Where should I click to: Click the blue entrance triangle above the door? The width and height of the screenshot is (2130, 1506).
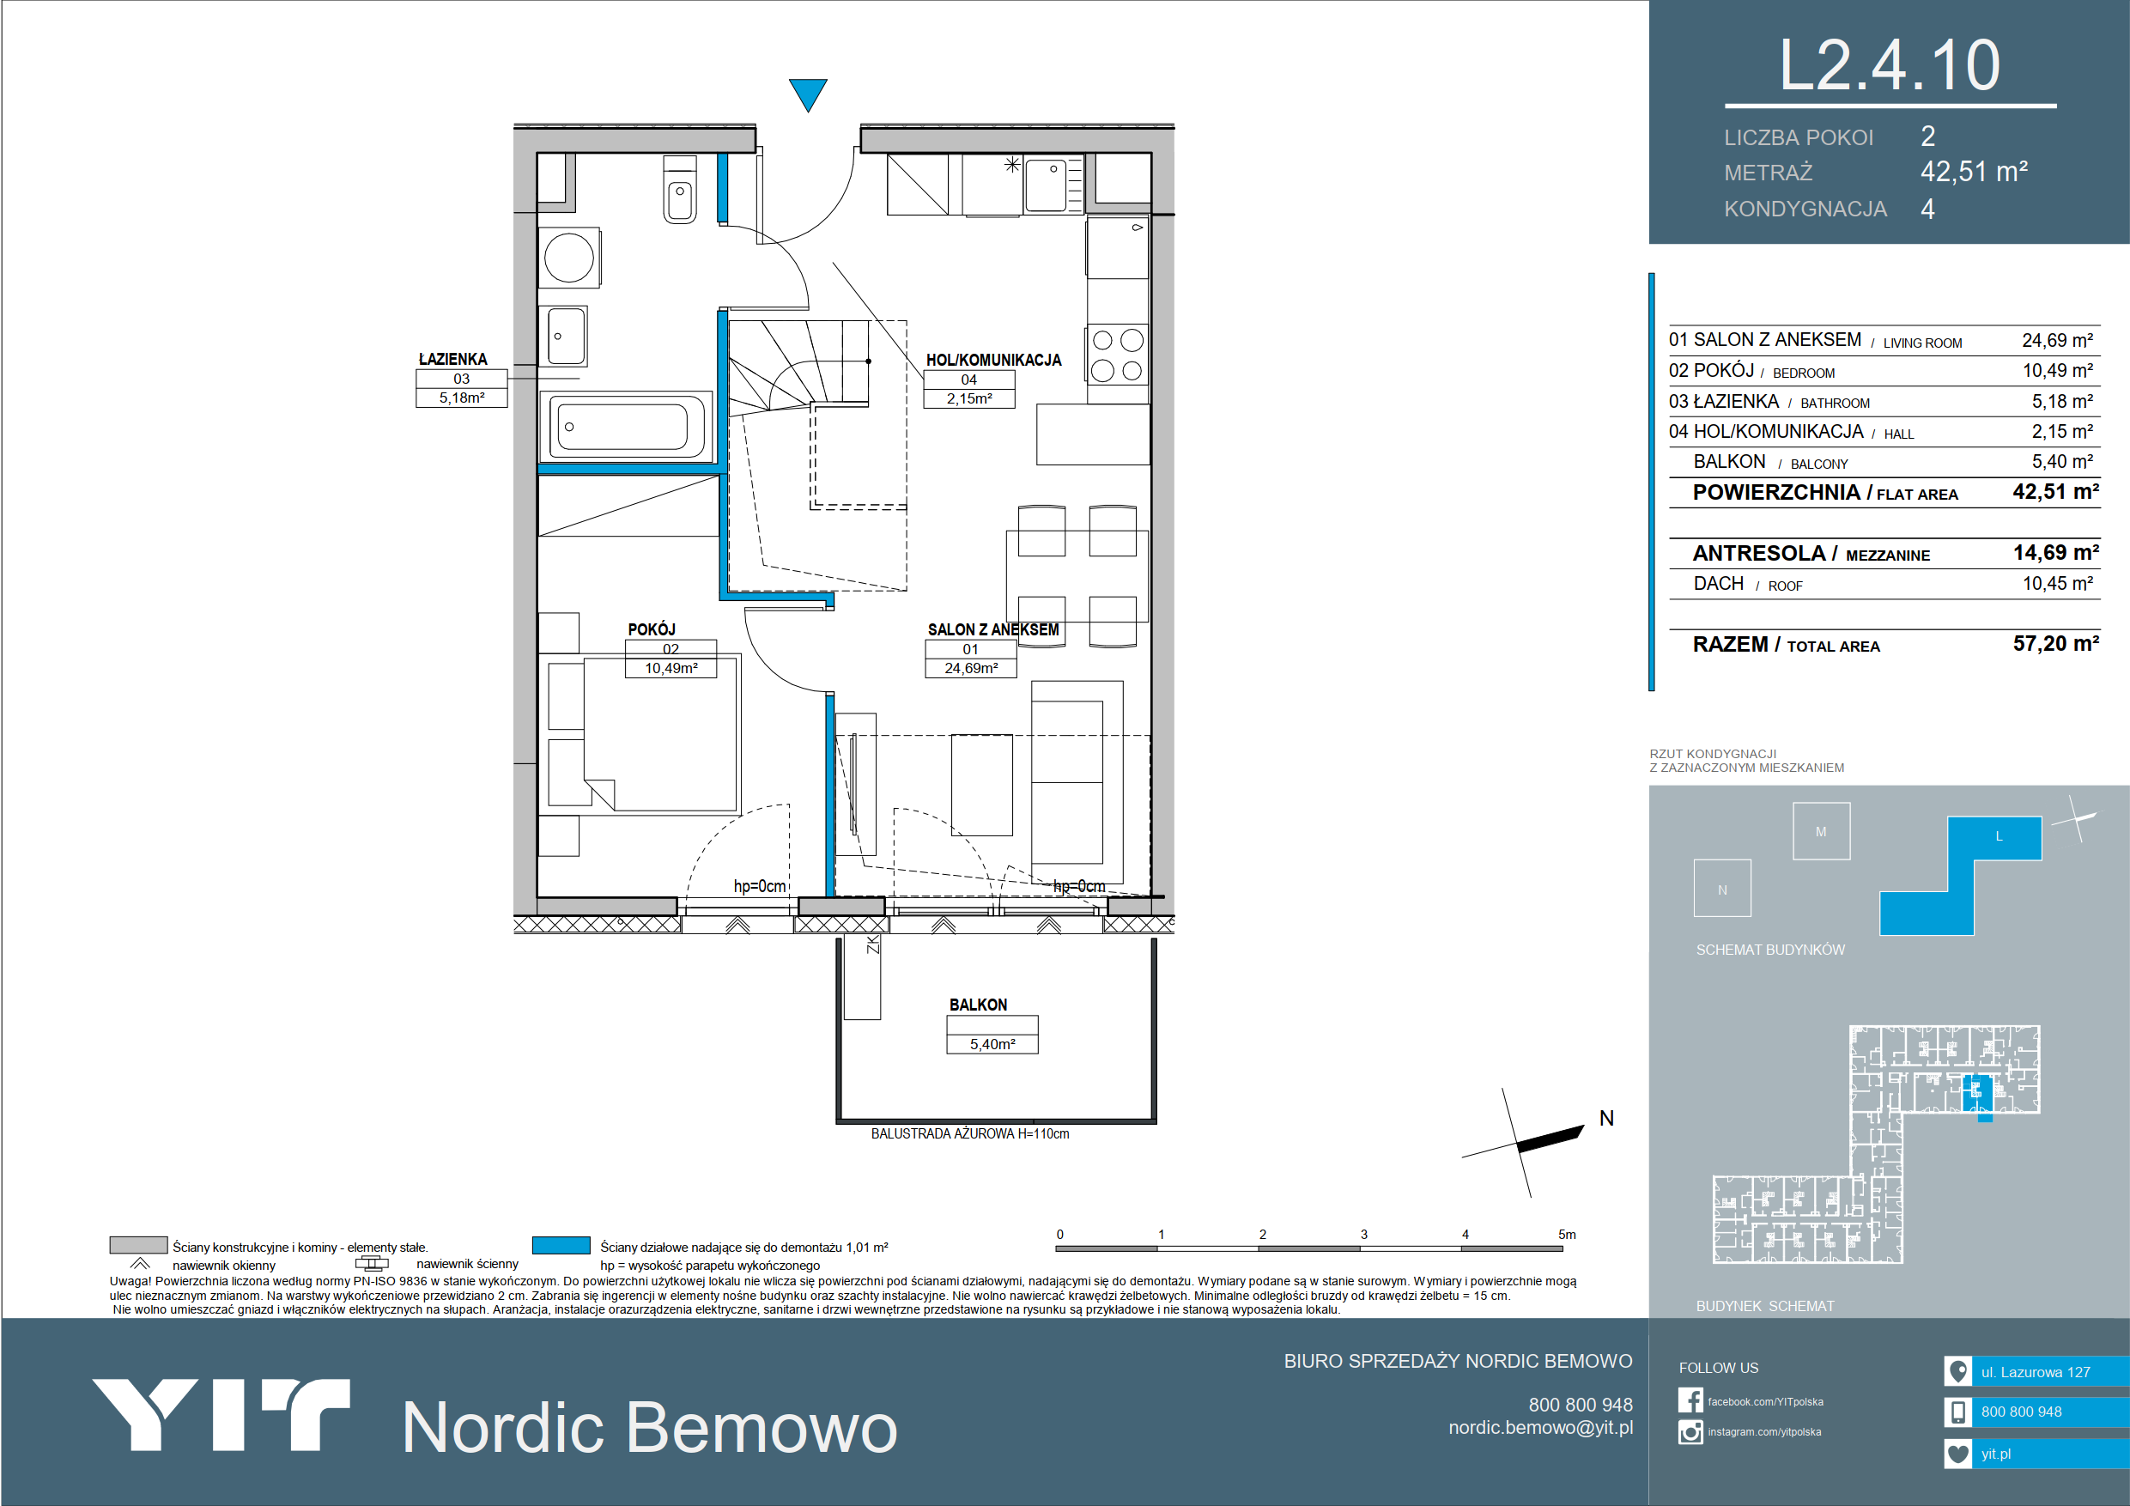pos(807,92)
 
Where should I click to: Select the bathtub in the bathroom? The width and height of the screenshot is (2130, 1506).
pos(626,426)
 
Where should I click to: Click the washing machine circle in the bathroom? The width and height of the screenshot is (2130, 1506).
pos(568,257)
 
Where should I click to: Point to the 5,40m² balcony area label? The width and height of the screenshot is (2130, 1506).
pos(992,1044)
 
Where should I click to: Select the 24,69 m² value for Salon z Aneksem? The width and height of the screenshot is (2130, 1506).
pos(2058,341)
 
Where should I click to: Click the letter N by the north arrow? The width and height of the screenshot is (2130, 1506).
pos(1607,1118)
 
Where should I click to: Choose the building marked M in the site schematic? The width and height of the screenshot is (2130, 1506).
pos(1821,830)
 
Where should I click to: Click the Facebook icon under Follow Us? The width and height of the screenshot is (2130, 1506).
pos(1690,1400)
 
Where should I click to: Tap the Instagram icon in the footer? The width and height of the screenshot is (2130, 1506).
pos(1690,1432)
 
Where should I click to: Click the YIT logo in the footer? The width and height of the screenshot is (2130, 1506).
pos(221,1414)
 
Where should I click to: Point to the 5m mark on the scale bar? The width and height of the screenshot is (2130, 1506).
pos(1567,1234)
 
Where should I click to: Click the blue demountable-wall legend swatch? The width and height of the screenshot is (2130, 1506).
pos(561,1245)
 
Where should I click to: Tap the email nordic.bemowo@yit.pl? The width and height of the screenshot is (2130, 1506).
pos(1540,1427)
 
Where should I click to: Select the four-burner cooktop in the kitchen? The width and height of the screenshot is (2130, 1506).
pos(1117,355)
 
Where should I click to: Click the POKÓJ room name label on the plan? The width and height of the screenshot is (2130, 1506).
pos(652,629)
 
